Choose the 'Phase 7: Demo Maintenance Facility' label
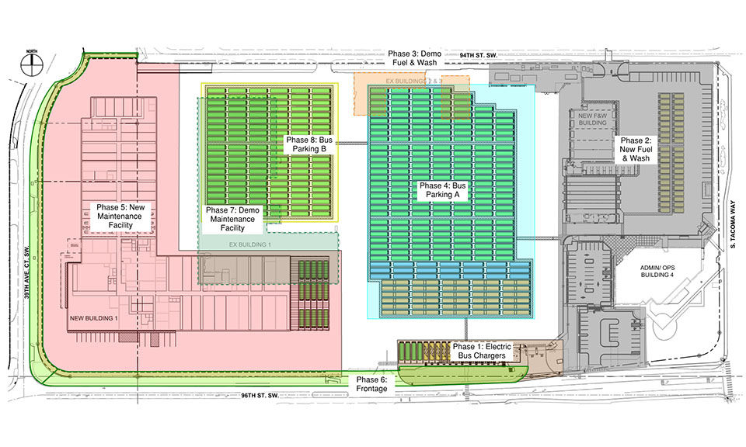(232, 219)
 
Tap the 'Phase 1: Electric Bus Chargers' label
(483, 351)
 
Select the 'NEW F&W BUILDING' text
(592, 117)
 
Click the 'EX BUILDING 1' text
(249, 244)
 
